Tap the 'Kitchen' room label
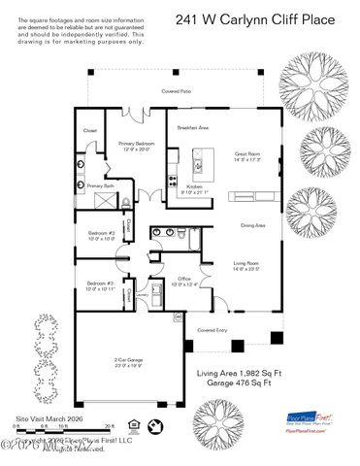pos(194,187)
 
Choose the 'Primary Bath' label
pos(101,185)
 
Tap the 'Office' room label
pos(182,281)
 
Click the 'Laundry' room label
pos(141,291)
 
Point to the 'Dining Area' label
pos(253,225)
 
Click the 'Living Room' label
pos(246,265)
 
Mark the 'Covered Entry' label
pos(213,330)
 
